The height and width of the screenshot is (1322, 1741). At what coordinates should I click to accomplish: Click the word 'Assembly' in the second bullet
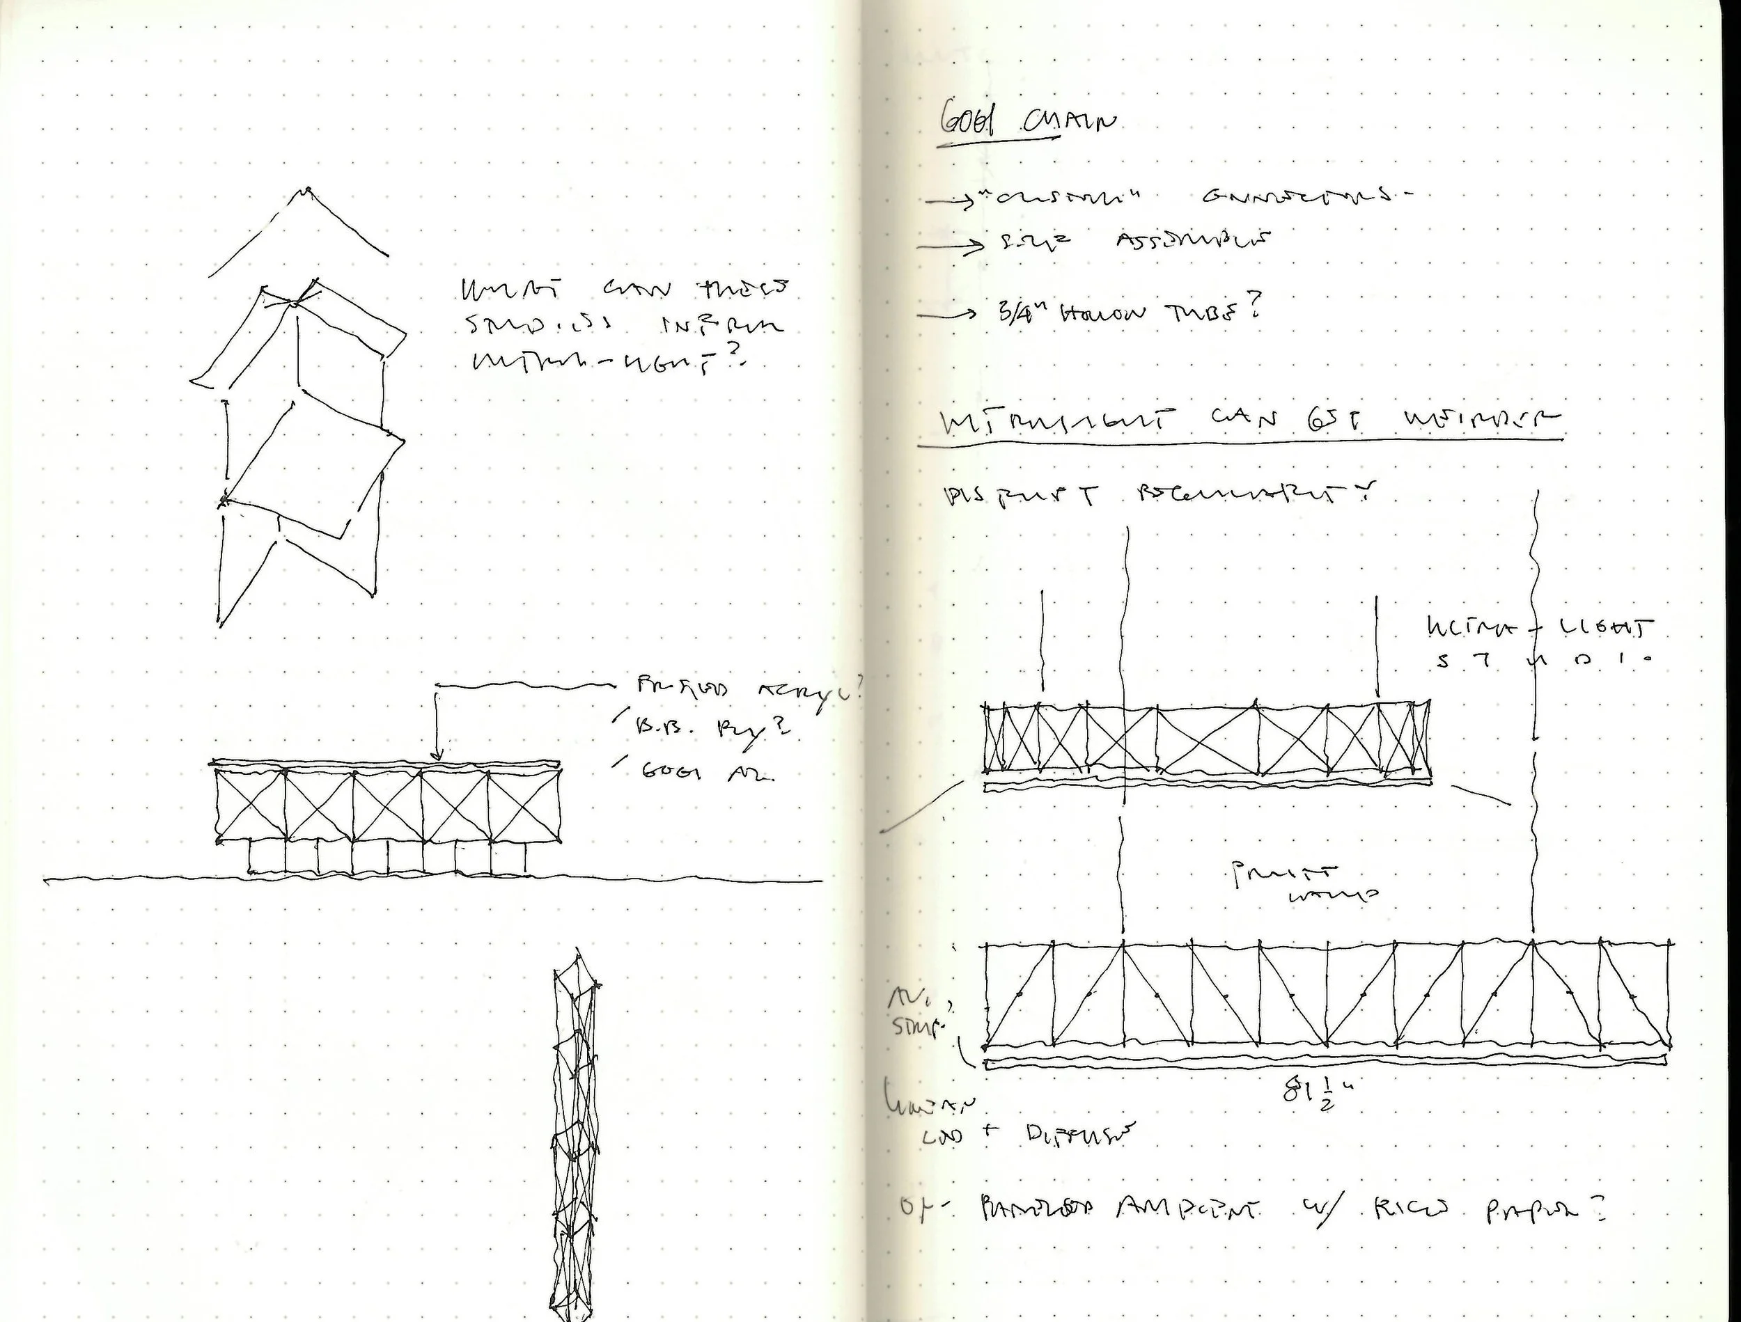(x=1194, y=239)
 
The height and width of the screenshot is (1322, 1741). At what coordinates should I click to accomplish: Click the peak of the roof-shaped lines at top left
(x=306, y=191)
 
